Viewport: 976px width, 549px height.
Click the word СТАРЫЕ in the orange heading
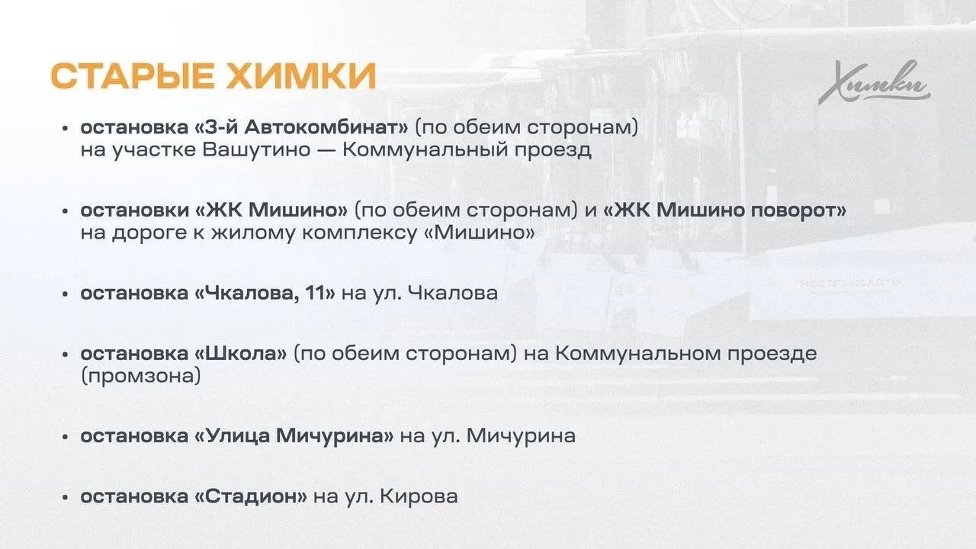coord(133,76)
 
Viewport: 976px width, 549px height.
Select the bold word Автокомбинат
coord(326,127)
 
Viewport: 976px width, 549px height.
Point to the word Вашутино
coord(257,150)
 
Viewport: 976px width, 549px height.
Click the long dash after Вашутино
coord(327,151)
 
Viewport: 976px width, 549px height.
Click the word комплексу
coord(360,233)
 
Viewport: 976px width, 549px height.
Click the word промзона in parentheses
coord(141,377)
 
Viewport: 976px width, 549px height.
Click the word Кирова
coord(419,496)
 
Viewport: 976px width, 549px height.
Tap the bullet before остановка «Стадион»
coord(66,497)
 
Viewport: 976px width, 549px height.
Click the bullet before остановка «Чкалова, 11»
coord(66,294)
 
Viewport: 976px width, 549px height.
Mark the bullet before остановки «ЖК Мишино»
coord(66,211)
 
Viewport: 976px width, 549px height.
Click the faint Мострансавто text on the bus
coord(850,283)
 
